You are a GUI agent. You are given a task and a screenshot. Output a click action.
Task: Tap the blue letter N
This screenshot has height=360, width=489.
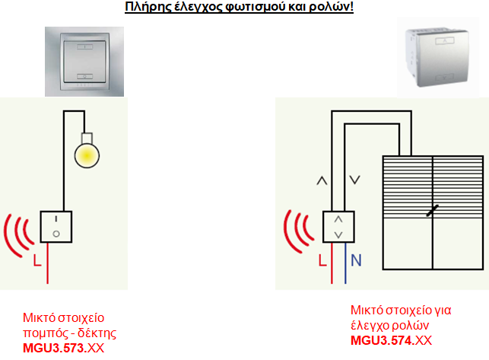tap(356, 260)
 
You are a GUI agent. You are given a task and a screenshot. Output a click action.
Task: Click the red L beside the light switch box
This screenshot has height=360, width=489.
tap(37, 261)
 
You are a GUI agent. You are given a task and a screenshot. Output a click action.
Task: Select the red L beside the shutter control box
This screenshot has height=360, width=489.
tap(322, 260)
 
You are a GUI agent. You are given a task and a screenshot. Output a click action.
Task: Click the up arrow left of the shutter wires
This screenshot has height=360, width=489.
tap(322, 181)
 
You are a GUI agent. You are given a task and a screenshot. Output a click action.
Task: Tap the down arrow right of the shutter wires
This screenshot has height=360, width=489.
tap(355, 180)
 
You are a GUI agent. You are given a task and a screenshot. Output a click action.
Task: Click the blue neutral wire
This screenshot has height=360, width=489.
tap(345, 263)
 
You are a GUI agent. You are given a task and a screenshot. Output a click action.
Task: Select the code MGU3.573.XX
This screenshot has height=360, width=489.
tap(64, 348)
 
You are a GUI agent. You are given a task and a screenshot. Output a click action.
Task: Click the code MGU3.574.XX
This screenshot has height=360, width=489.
tap(392, 340)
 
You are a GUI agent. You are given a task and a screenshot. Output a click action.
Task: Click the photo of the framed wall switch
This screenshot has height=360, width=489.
tap(84, 62)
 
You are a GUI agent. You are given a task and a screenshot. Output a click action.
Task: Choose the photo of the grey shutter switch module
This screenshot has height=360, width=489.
tap(438, 57)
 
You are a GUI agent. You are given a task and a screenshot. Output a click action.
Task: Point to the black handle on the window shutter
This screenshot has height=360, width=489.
tap(433, 210)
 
